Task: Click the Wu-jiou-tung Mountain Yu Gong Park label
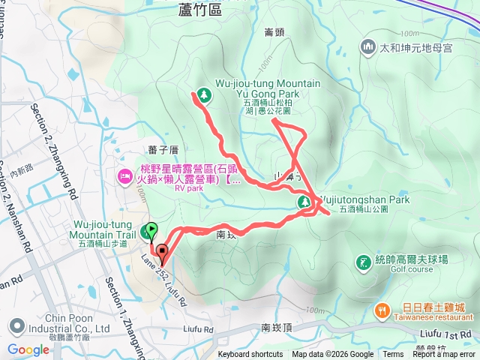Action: (x=257, y=88)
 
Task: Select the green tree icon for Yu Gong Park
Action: (x=202, y=94)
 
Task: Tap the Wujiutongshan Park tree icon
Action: (x=304, y=202)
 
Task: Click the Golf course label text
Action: (x=412, y=268)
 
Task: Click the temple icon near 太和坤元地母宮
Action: (x=367, y=47)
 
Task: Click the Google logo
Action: (x=28, y=349)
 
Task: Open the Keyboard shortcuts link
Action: (x=250, y=355)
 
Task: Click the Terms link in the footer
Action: (x=393, y=355)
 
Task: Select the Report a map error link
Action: (x=444, y=355)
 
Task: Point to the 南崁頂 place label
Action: (x=276, y=328)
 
